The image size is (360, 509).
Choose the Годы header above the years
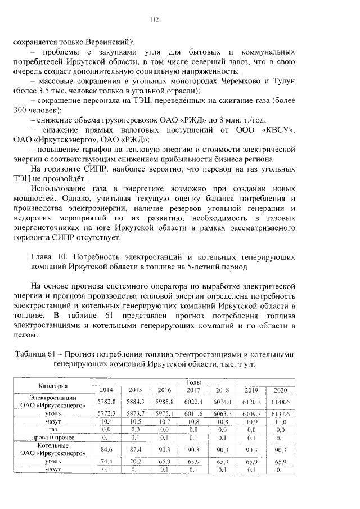pos(192,382)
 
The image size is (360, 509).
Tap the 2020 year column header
pos(280,390)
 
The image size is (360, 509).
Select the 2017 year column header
pos(193,390)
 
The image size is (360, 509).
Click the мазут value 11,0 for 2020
pos(280,421)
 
